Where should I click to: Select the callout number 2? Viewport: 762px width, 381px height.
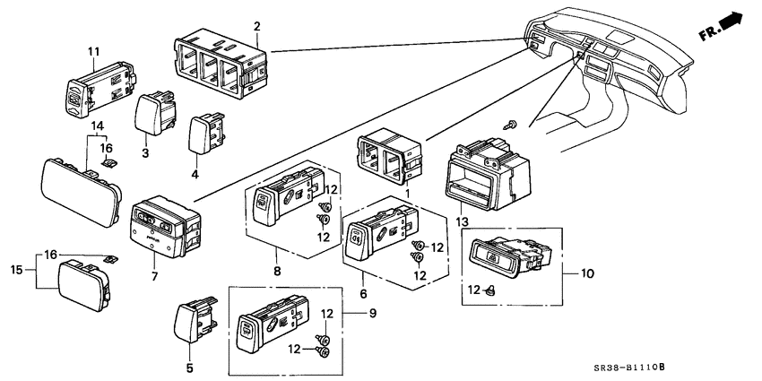point(257,27)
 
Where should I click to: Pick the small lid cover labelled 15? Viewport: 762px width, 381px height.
point(84,285)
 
